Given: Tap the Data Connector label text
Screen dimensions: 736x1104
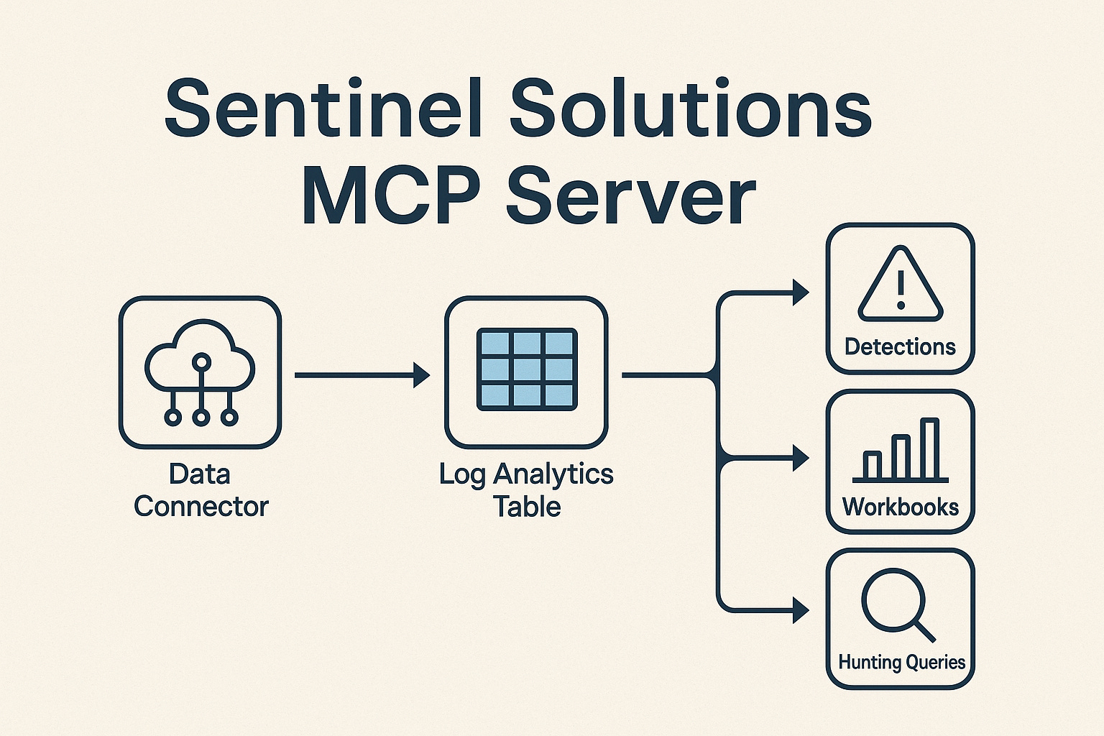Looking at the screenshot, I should click(x=201, y=490).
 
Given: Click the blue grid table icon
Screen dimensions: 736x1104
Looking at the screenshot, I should click(x=527, y=369).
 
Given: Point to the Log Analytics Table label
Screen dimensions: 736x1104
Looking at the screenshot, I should click(x=527, y=490).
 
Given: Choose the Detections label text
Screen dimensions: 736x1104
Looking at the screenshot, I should click(x=900, y=347).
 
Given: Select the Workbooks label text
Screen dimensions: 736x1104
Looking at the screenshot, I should click(x=901, y=507).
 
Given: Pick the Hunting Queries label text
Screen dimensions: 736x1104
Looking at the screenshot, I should click(x=901, y=662).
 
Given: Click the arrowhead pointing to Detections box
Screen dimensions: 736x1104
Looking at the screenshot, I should click(x=800, y=293).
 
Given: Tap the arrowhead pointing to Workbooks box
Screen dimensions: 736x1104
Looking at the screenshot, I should click(x=800, y=458).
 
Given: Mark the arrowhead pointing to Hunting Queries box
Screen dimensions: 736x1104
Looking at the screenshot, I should click(x=800, y=610).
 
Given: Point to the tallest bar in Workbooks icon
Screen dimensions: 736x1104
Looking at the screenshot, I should click(x=929, y=449).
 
